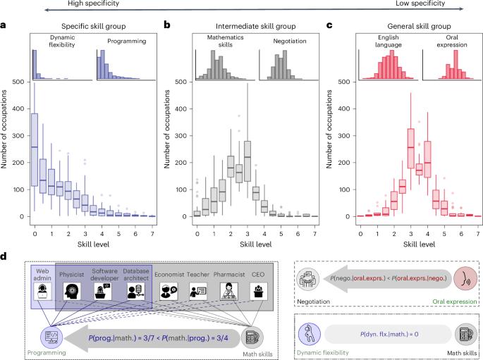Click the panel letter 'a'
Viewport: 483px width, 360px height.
point(4,25)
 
